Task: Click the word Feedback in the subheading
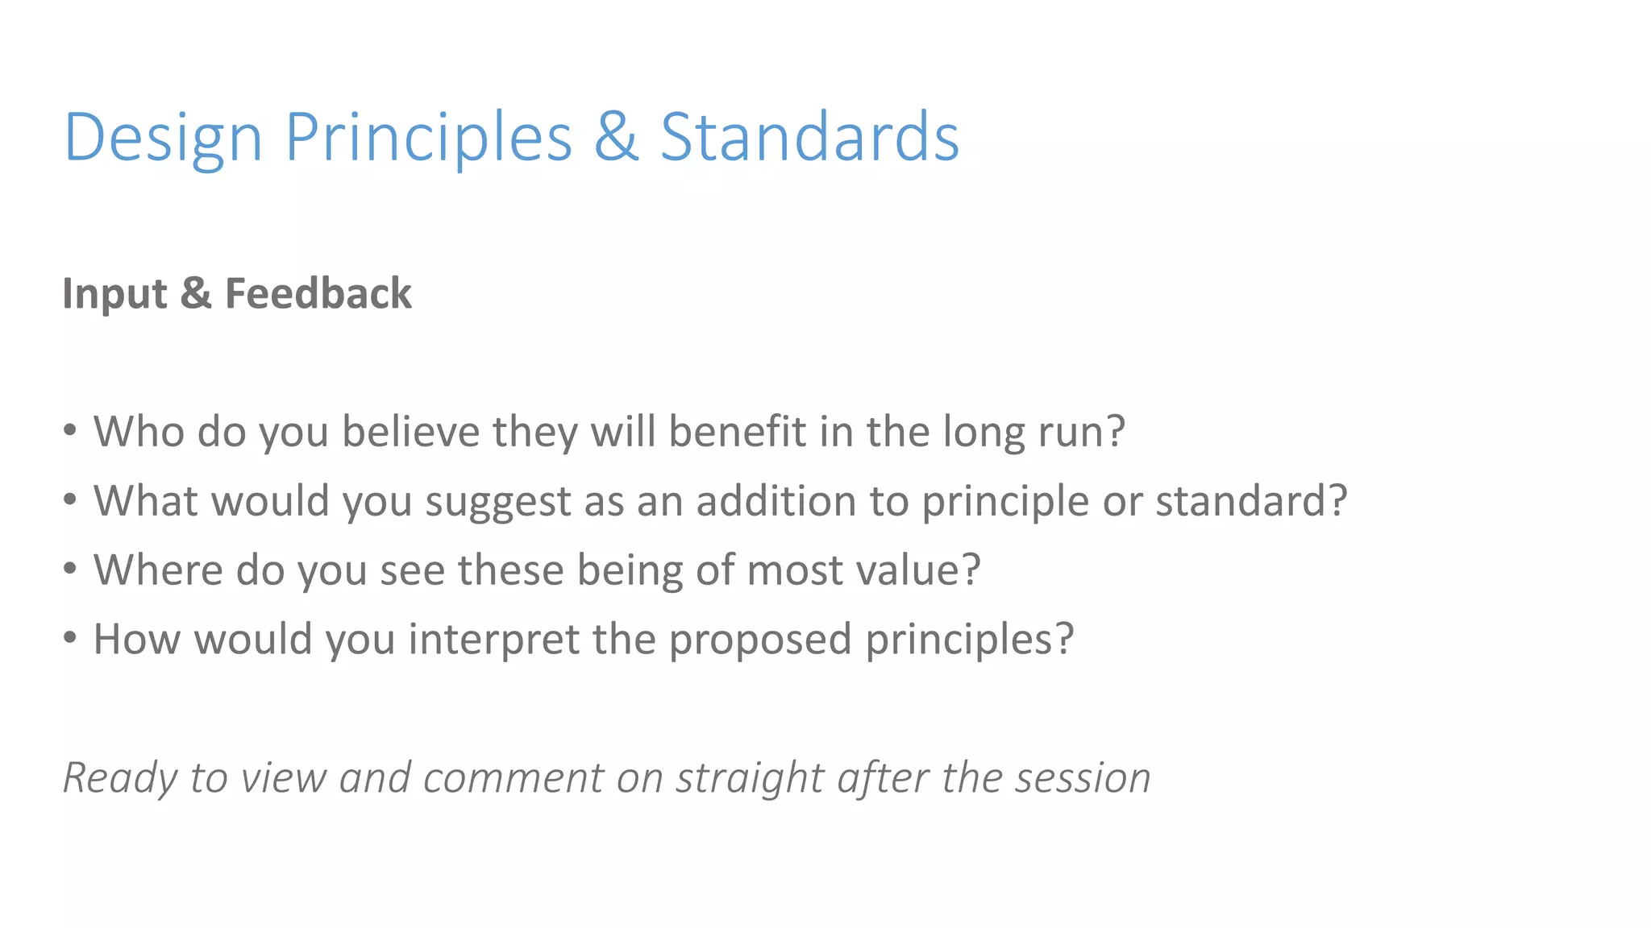(x=318, y=293)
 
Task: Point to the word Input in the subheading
(x=114, y=294)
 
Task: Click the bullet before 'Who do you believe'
(x=71, y=430)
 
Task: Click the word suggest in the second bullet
(x=497, y=502)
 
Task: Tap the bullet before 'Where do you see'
(x=71, y=569)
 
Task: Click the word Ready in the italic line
(x=120, y=779)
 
